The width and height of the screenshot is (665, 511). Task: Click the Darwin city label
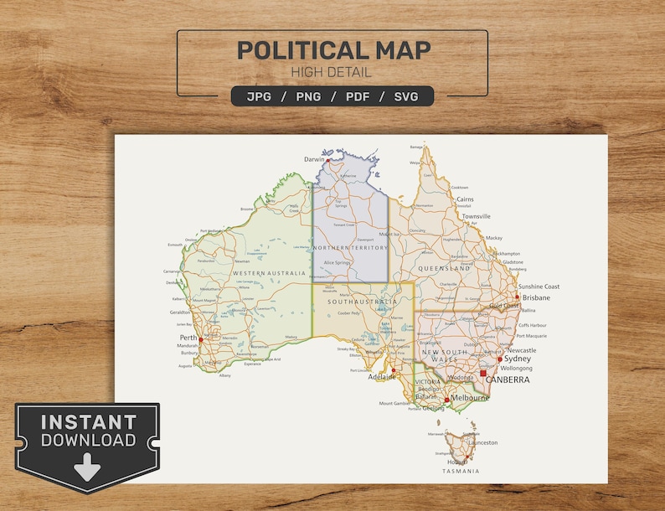(x=314, y=158)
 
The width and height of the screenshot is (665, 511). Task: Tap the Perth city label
(x=188, y=338)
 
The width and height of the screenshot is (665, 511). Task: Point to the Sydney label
(x=518, y=359)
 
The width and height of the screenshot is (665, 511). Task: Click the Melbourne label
(x=471, y=399)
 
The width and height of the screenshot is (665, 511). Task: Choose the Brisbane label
(x=536, y=297)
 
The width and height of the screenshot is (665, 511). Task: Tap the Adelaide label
(x=382, y=377)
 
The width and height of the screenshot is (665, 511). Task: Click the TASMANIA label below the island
(x=461, y=471)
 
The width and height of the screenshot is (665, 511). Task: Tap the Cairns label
(x=465, y=199)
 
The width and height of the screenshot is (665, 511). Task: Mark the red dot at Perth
(x=201, y=339)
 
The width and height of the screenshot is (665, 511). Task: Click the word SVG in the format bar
(x=407, y=96)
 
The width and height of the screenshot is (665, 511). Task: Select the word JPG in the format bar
(x=260, y=96)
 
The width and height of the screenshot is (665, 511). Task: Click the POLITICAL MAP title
(x=332, y=50)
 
